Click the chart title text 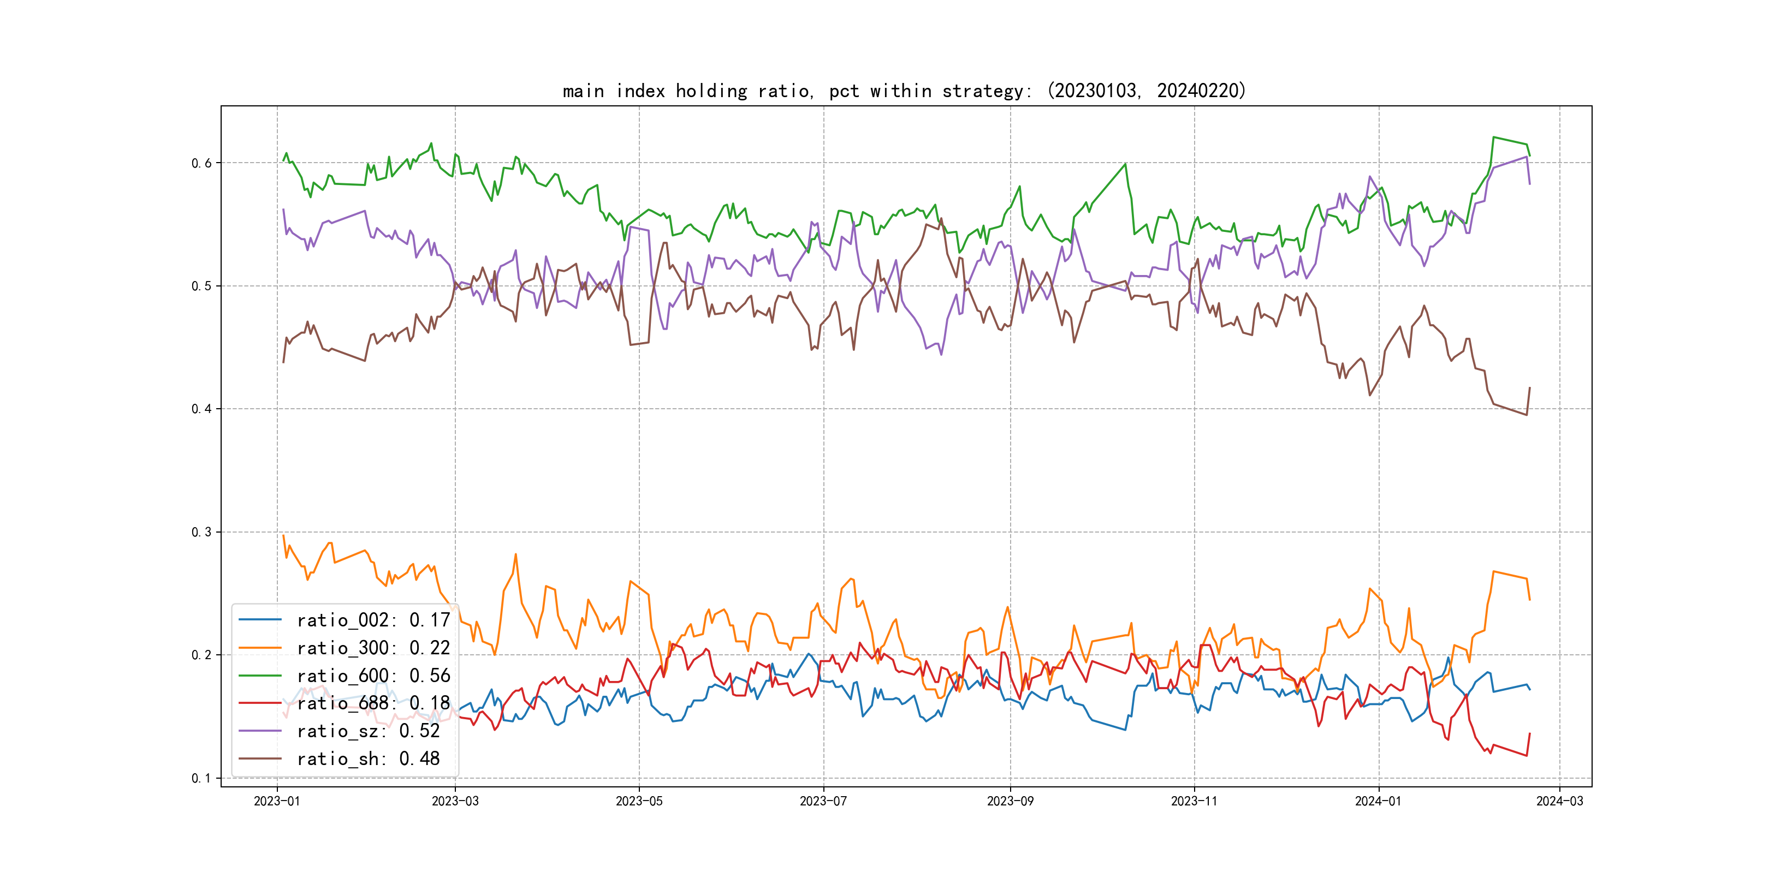904,91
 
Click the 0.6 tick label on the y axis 201,163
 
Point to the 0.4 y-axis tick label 201,409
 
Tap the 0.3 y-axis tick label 201,532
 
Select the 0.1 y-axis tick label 201,778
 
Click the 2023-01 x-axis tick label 277,802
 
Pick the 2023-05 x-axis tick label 639,802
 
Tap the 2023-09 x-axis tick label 1010,802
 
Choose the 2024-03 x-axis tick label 1559,802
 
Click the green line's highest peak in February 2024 1494,138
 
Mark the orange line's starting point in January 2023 283,535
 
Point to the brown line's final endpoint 1529,388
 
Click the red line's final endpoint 1529,734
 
